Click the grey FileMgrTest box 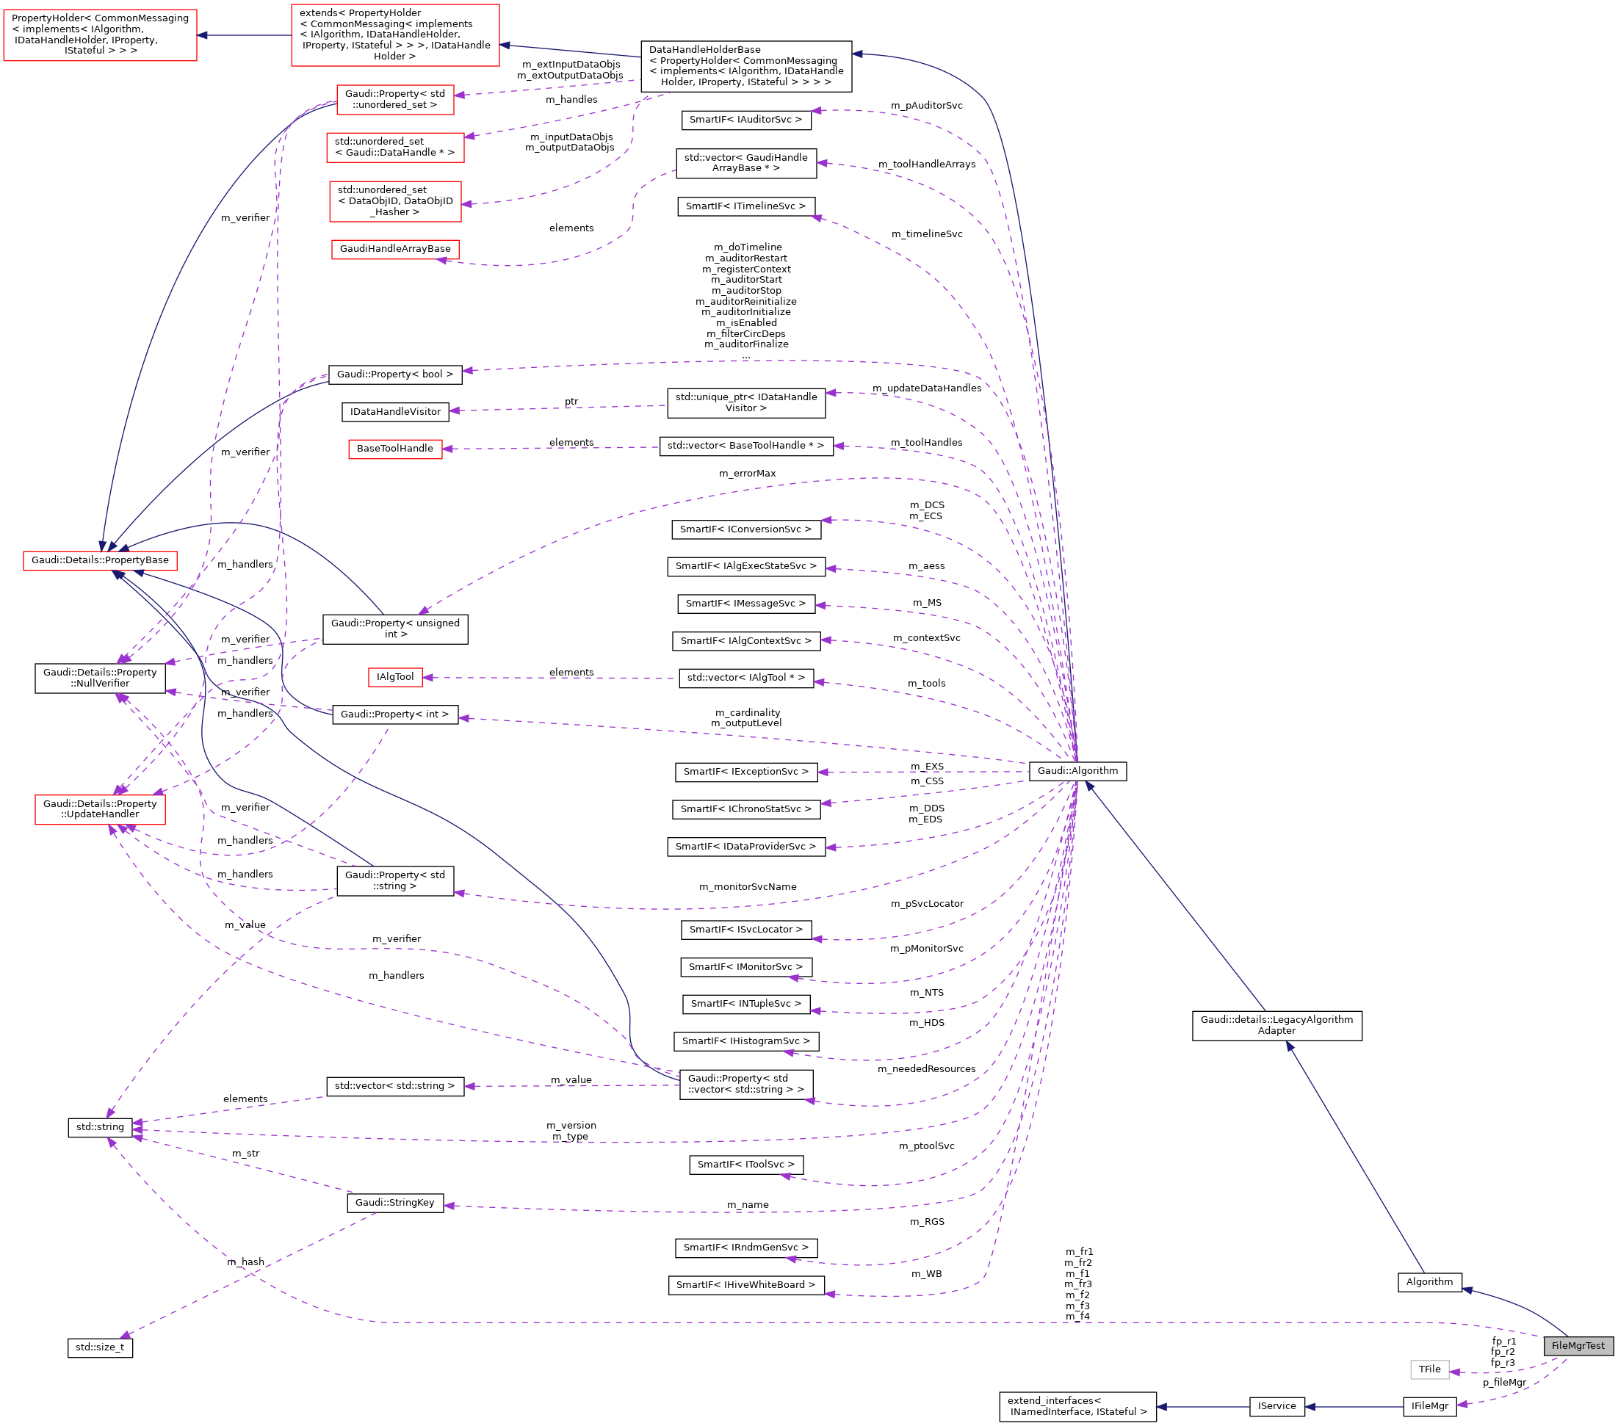[1578, 1345]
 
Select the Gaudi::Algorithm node [1077, 771]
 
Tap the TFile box [1429, 1369]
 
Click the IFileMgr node [1429, 1406]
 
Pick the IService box [1276, 1406]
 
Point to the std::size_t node [100, 1347]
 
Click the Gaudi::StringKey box [395, 1202]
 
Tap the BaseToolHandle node [395, 449]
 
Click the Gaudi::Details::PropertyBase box [100, 560]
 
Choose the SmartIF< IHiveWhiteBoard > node [745, 1284]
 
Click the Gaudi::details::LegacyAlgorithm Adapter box [1276, 1025]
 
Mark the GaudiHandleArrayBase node [395, 248]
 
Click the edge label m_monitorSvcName [747, 887]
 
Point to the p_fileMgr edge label [1504, 1383]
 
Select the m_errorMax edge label [747, 473]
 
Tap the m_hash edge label [245, 1262]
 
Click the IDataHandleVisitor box [395, 411]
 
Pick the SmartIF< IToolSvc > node [745, 1164]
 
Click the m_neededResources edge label [926, 1069]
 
